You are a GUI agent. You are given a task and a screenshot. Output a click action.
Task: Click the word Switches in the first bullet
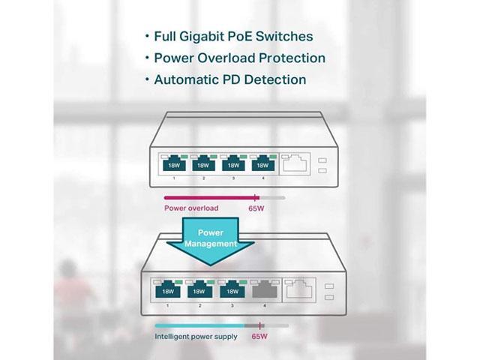coord(284,37)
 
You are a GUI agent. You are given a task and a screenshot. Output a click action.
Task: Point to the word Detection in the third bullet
coord(275,79)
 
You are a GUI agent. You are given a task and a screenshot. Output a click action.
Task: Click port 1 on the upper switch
coord(173,164)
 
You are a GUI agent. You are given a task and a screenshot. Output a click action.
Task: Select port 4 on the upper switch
coord(263,164)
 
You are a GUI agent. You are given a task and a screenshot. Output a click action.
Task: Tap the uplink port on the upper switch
coord(295,163)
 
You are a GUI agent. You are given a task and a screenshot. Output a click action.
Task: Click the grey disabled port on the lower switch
coord(265,289)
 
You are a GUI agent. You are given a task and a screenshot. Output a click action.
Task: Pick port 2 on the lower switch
coord(200,289)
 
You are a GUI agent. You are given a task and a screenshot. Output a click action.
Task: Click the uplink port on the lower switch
coord(298,289)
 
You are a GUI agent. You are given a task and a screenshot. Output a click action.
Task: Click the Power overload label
coord(191,208)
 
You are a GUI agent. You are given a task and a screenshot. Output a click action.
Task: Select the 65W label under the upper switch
coord(256,208)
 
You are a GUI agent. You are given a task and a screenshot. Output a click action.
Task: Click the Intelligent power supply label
coord(196,337)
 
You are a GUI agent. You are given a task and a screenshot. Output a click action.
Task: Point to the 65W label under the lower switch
coord(259,337)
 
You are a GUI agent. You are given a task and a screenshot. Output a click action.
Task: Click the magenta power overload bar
coord(211,198)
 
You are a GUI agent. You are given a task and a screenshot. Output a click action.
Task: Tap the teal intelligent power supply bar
coord(199,326)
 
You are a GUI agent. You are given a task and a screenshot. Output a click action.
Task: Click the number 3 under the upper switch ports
coord(233,178)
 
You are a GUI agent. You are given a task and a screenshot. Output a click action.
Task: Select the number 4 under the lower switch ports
coord(265,305)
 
